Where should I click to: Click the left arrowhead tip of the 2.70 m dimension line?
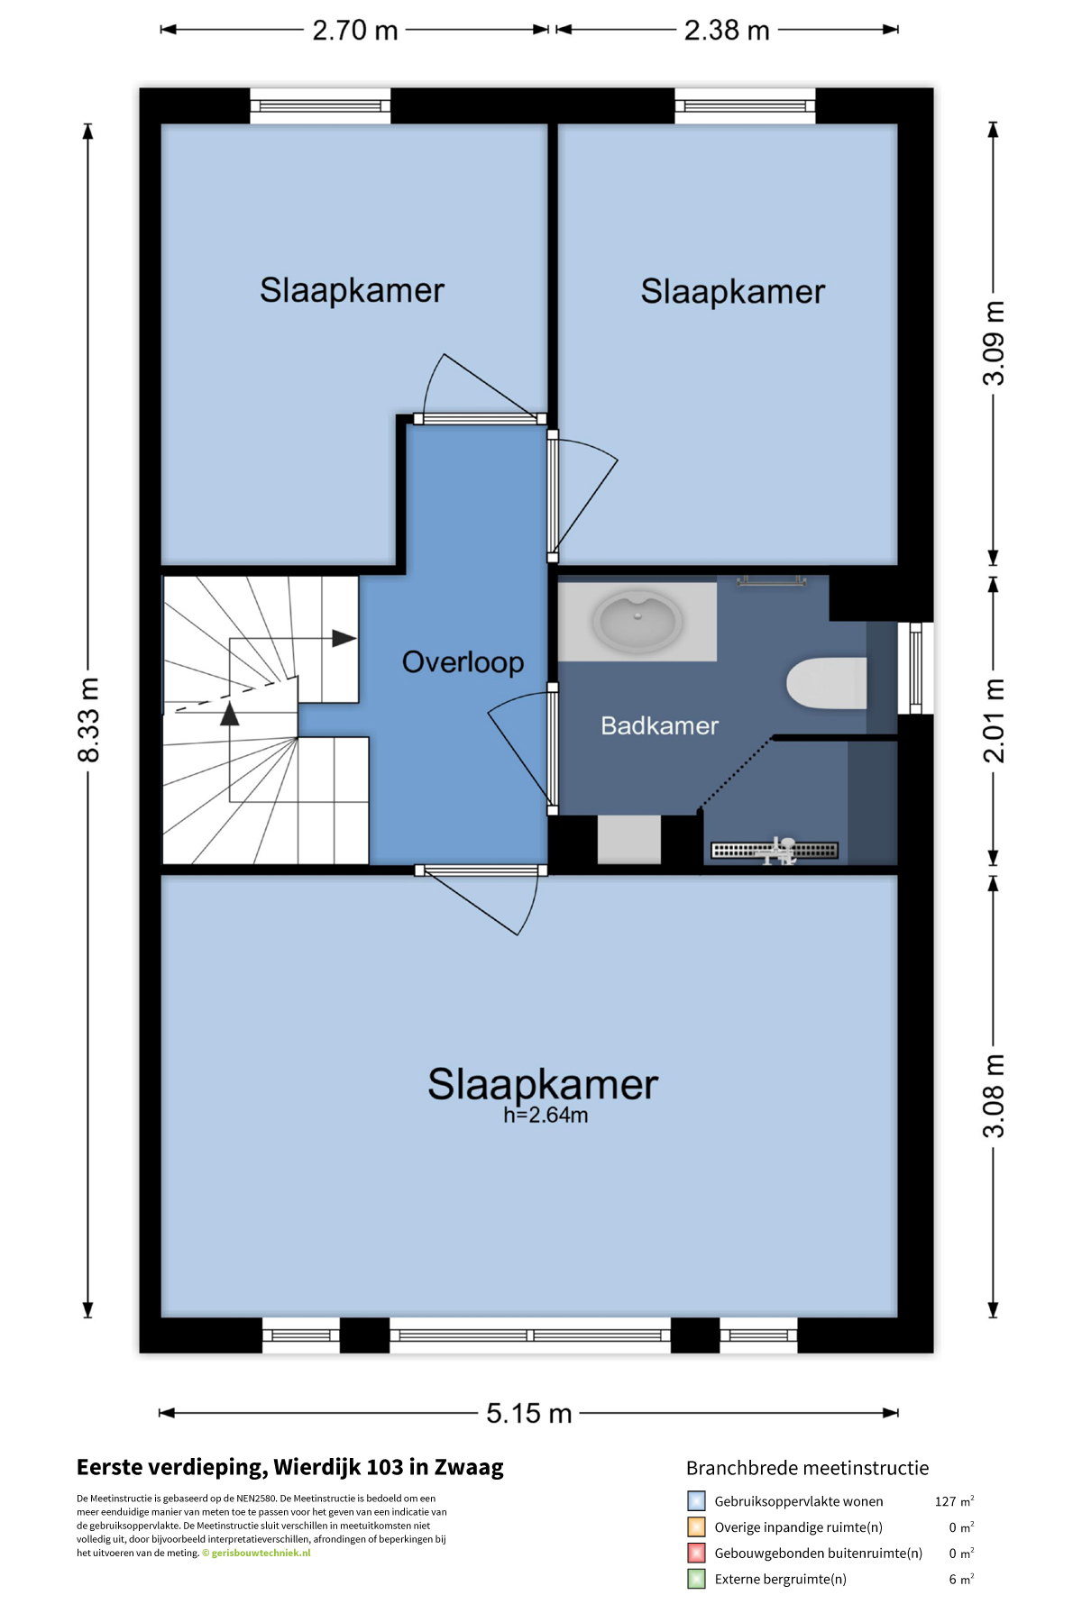[160, 30]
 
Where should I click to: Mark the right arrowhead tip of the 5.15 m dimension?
[898, 1413]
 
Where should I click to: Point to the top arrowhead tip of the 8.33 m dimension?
[87, 123]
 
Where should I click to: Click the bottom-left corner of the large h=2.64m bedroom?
[162, 1317]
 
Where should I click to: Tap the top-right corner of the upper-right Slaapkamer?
[897, 124]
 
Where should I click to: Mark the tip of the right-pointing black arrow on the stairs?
[357, 638]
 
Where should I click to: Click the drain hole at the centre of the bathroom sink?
[637, 616]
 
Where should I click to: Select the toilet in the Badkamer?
[827, 683]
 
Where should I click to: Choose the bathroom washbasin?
[637, 621]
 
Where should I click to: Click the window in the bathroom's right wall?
[915, 668]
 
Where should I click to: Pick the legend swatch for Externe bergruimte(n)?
[696, 1579]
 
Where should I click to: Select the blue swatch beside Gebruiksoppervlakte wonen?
[696, 1501]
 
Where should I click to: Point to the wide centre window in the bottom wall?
[530, 1335]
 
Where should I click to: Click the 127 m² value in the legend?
[954, 1501]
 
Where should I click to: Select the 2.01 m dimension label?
[993, 721]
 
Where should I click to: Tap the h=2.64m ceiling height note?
[546, 1116]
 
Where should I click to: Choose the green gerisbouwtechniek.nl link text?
[261, 1553]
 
